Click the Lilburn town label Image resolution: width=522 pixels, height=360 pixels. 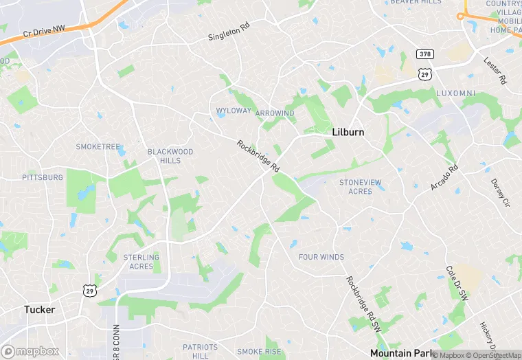(348, 132)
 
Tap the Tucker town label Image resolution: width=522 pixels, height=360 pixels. (39, 309)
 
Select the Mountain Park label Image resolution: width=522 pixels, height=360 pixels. (402, 353)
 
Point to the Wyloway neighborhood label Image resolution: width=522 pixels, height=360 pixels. (233, 111)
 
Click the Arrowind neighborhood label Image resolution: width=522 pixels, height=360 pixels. (275, 113)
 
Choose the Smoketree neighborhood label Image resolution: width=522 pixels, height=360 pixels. (98, 147)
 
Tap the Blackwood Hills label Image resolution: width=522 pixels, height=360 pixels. (170, 156)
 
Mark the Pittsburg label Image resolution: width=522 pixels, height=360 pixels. (43, 177)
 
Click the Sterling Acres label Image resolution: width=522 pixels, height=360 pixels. (141, 262)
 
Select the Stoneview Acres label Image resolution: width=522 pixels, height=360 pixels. (361, 186)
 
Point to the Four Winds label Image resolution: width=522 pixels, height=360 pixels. (321, 257)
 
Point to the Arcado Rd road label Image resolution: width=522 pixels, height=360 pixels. (444, 177)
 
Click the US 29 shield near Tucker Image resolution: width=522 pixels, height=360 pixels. (89, 291)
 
